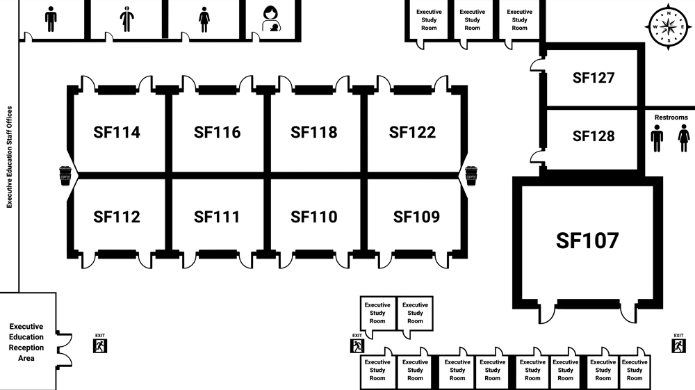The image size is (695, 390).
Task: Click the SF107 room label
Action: point(587,241)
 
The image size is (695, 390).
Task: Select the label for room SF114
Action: point(117,132)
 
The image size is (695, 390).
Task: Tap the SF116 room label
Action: point(217,132)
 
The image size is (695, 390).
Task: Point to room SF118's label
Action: point(313,132)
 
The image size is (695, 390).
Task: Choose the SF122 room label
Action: point(412,132)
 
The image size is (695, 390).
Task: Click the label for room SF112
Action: point(117,217)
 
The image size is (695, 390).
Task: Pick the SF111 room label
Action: point(217,217)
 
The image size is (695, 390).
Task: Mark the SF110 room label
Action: point(313,217)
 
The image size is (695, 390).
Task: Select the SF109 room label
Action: point(416,217)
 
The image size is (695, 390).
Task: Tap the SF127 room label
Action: point(594,78)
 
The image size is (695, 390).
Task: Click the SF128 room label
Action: point(594,136)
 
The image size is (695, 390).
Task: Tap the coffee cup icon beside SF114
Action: point(65,176)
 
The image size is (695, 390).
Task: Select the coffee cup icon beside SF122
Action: point(471,176)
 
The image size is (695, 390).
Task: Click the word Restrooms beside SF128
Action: point(671,117)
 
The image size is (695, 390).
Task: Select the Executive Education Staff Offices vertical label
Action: point(10,157)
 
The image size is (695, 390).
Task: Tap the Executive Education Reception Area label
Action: point(26,342)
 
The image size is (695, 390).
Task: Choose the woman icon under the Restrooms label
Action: point(684,139)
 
